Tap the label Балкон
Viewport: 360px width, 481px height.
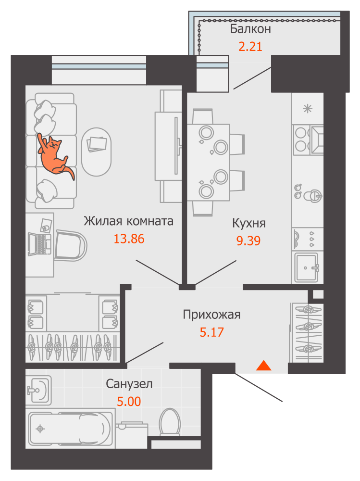(x=250, y=29)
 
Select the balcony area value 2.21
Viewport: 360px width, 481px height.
(x=250, y=47)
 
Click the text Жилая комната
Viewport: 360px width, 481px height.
(x=128, y=221)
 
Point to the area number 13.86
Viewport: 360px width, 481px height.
(x=129, y=239)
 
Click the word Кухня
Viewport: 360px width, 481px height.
(x=248, y=223)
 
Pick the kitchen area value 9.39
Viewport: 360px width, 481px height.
(x=248, y=240)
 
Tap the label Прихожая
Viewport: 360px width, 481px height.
(x=211, y=315)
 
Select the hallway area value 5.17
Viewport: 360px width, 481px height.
(x=211, y=332)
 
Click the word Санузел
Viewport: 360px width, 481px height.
(x=129, y=384)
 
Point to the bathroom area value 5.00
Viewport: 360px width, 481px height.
(x=129, y=401)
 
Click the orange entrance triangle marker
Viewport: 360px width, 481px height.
(x=264, y=366)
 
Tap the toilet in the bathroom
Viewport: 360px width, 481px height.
(x=170, y=422)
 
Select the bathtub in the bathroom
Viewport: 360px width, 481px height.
(x=69, y=429)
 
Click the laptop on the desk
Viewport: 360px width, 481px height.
(x=40, y=244)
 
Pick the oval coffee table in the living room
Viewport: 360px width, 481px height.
(x=96, y=152)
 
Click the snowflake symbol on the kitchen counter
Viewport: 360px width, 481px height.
(x=307, y=109)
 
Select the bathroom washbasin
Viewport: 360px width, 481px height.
(x=38, y=390)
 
